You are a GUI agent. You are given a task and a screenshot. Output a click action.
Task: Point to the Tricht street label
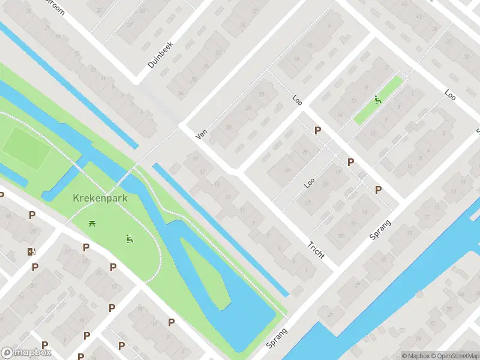tap(316, 250)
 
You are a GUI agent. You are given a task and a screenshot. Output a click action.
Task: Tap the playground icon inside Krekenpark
tap(129, 239)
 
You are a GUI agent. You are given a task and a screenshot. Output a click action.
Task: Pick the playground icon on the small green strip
tap(378, 100)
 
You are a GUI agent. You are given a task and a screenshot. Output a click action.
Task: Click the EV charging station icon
tap(31, 252)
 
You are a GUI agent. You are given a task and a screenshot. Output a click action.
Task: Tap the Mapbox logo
tap(26, 352)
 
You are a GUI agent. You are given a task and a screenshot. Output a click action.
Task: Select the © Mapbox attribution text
tap(415, 356)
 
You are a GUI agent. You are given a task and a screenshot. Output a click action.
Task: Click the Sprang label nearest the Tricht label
tap(380, 230)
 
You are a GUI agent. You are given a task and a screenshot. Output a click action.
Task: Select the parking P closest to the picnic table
tap(86, 247)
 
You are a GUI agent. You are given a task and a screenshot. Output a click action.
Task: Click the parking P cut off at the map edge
tap(2, 195)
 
